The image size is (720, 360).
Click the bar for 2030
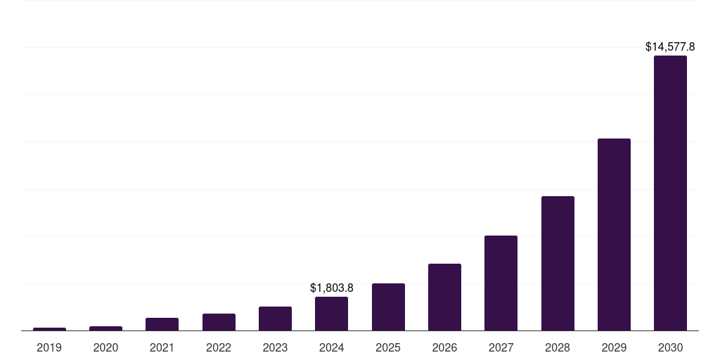point(670,193)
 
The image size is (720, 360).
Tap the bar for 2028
point(558,263)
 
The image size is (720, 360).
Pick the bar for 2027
point(501,283)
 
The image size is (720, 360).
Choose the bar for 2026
point(444,297)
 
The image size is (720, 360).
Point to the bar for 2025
point(388,307)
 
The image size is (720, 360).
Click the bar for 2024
point(331,314)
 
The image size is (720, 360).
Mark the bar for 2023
point(275,319)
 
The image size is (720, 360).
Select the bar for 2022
point(219,322)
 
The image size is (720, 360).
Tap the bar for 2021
point(162,324)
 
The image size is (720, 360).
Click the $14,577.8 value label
point(670,47)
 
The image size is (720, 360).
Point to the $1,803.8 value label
point(331,288)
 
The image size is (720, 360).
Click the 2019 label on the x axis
point(49,347)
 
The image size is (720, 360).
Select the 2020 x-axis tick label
point(105,347)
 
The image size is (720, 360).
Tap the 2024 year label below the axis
point(331,347)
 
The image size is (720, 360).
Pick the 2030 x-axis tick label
point(670,347)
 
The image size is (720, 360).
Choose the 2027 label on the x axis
point(501,347)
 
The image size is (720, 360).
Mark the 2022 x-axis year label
point(219,347)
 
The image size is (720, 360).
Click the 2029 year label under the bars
point(614,347)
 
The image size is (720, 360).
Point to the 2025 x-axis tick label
point(388,347)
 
